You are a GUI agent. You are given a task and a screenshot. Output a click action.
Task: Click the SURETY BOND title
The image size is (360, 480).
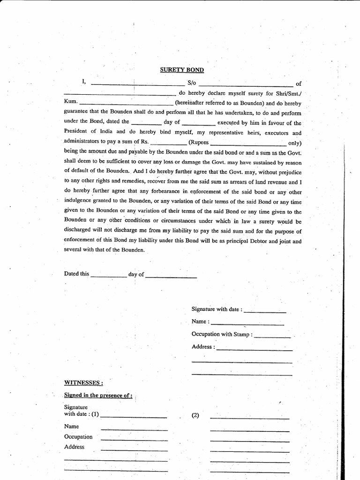click(182, 70)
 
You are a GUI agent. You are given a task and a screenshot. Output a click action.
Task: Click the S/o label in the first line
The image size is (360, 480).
click(191, 83)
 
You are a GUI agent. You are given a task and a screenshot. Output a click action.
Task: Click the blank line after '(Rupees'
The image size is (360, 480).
click(248, 143)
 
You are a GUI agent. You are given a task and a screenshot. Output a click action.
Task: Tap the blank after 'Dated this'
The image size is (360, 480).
click(109, 277)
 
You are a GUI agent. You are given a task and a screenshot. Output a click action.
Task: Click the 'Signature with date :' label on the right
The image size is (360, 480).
click(217, 309)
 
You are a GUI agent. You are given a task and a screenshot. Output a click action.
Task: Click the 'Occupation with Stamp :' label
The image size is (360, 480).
click(222, 334)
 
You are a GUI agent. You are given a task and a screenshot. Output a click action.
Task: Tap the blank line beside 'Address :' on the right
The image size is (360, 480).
click(255, 349)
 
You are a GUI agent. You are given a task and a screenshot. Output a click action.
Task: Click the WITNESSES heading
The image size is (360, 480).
click(83, 382)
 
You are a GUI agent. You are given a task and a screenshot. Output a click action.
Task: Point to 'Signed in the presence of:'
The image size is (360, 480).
click(98, 395)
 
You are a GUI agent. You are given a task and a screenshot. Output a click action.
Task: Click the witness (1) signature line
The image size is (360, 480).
click(134, 416)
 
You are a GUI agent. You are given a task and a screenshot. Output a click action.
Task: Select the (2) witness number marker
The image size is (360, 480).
click(195, 416)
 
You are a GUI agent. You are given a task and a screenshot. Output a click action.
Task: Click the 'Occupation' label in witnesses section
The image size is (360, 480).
click(78, 437)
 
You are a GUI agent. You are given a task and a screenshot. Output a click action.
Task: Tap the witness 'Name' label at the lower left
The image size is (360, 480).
click(71, 427)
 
